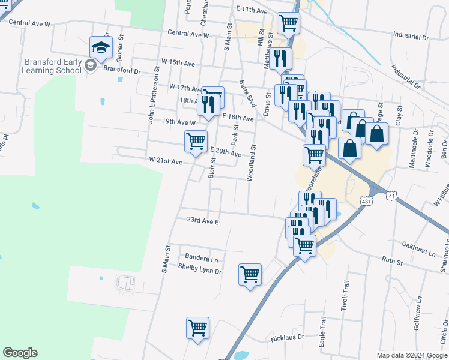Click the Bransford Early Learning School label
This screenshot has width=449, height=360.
[53, 65]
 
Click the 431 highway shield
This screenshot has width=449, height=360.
[367, 202]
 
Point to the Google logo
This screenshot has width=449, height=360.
[20, 353]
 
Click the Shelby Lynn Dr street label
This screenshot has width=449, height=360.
[200, 271]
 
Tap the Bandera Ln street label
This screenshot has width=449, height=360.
[202, 259]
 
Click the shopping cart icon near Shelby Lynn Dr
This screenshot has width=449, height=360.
[250, 275]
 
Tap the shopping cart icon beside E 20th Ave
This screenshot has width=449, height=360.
[196, 142]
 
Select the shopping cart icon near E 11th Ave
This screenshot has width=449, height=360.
[289, 23]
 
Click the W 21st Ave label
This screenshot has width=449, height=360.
[166, 161]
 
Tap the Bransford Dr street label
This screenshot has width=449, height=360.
[121, 70]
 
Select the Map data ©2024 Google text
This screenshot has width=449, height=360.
[412, 355]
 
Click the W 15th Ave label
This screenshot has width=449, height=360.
[178, 63]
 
